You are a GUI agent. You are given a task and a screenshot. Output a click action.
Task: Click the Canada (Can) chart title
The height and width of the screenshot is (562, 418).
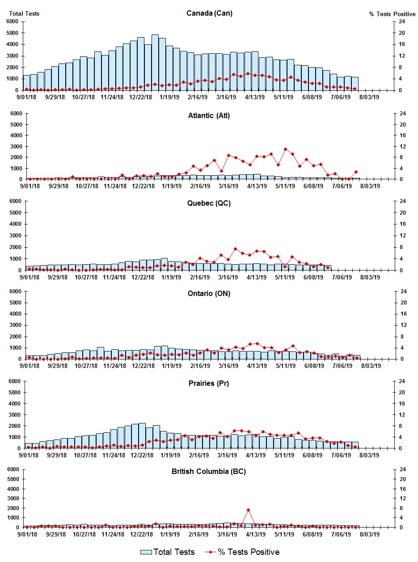point(209,13)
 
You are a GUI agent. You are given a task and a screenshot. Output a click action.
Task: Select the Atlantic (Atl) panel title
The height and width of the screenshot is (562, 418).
point(209,116)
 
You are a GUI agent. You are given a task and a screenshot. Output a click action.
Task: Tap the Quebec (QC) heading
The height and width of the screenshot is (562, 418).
point(209,203)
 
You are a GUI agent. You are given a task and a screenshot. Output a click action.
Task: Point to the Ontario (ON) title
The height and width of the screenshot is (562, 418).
point(209,293)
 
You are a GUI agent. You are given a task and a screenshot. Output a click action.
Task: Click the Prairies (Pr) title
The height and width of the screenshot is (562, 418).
point(209,383)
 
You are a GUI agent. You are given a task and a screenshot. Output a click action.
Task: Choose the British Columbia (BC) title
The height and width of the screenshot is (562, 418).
point(209,471)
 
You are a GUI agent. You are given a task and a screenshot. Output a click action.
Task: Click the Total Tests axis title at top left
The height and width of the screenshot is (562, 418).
point(24,13)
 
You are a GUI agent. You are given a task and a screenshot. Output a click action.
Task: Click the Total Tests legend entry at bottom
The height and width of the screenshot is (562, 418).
point(168,552)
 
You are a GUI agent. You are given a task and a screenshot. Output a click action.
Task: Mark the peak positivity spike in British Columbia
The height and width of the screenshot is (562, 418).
point(248,510)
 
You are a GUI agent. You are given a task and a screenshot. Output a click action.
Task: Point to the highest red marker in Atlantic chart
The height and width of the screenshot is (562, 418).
point(285,149)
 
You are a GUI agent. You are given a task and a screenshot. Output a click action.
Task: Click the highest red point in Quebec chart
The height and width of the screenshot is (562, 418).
point(235,249)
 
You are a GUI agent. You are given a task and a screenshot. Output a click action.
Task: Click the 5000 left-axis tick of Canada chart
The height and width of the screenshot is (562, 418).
point(12,33)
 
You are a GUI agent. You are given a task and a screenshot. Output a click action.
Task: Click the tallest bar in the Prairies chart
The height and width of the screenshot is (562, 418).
point(142,435)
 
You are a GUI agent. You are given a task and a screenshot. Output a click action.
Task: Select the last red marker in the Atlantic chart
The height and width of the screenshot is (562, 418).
point(356,172)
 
